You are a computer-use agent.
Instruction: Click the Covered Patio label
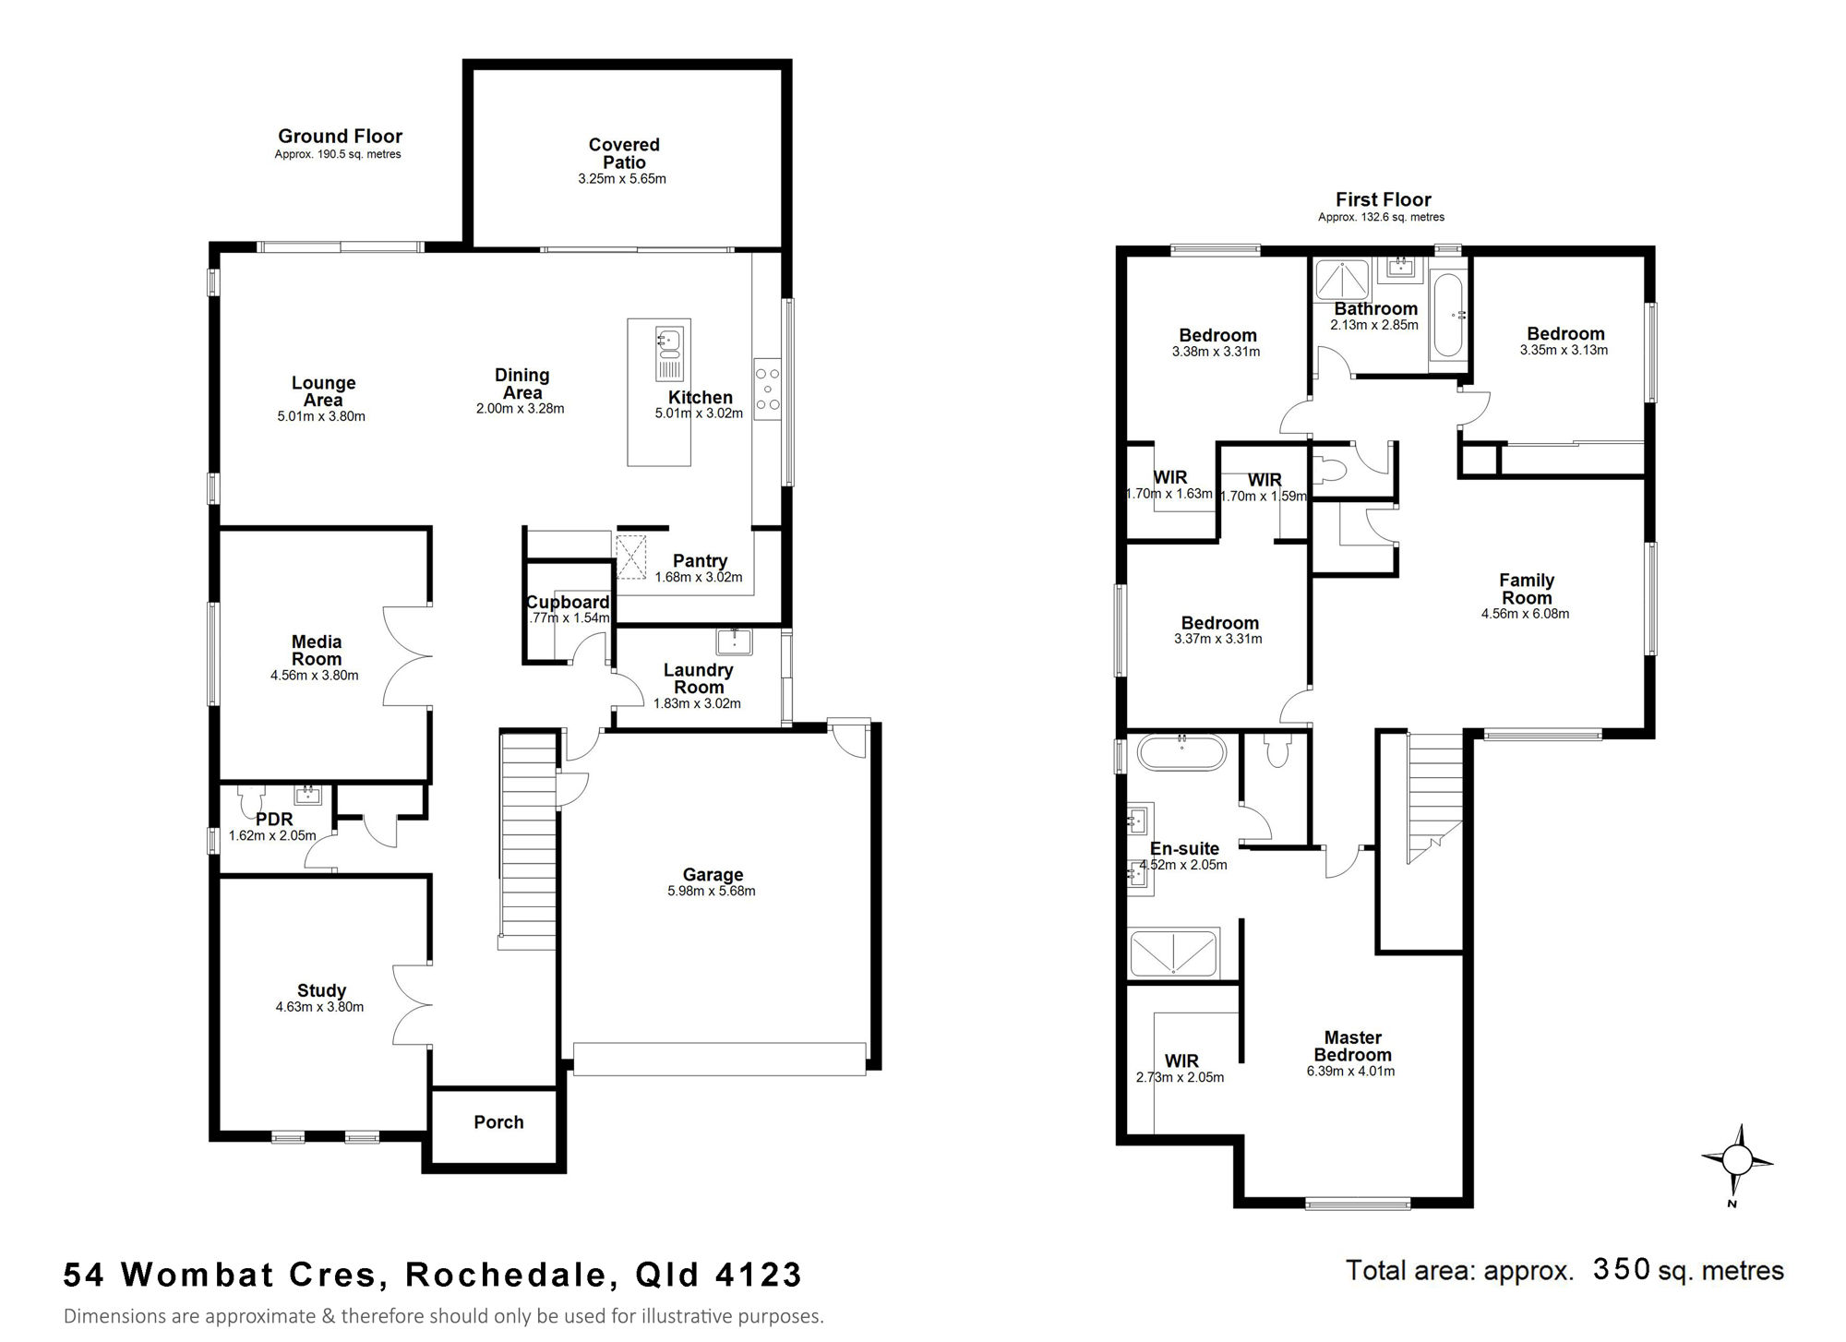624,153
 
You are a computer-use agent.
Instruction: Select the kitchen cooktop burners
767,389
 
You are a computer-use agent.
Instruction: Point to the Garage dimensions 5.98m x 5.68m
712,891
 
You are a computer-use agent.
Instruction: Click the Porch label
498,1122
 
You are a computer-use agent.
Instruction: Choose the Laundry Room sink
735,641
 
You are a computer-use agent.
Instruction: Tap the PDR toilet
249,799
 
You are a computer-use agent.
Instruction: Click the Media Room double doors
407,656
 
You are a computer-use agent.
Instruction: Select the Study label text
321,991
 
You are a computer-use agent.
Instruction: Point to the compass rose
1737,1160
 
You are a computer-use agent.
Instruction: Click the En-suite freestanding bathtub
1181,752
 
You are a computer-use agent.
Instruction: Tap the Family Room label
1527,589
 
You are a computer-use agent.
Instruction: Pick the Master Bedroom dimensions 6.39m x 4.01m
1350,1072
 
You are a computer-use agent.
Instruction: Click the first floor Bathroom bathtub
1446,317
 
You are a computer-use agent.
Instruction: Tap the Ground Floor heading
340,137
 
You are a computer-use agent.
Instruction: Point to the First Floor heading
1383,199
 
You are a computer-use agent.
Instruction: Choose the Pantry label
700,561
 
